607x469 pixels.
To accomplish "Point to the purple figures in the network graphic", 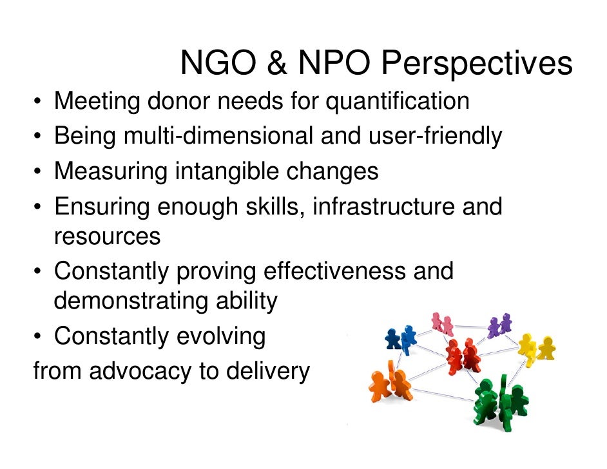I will (499, 325).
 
